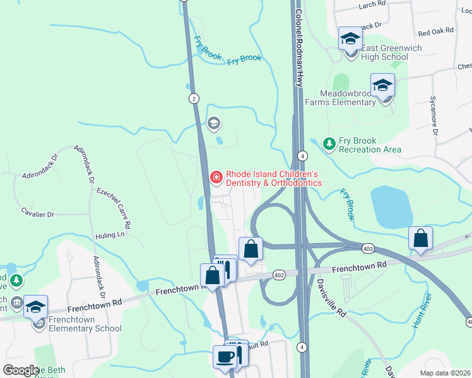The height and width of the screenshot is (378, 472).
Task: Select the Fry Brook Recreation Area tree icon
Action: pos(329,144)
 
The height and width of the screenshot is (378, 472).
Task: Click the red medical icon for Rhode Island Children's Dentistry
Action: pos(215,178)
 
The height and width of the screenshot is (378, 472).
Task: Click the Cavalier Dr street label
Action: pos(37,214)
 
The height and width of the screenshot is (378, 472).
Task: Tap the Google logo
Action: pos(21,370)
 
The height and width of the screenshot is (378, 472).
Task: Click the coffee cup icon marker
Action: pos(225,358)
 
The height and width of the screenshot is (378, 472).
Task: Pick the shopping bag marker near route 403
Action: pos(420,239)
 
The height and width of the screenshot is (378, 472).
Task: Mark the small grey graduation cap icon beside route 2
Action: pos(214,123)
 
